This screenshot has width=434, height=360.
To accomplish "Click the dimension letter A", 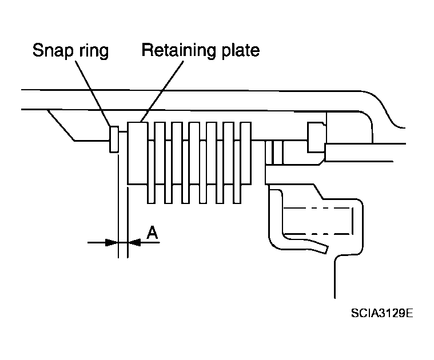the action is (152, 233).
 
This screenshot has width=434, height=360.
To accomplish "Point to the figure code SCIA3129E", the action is (382, 313).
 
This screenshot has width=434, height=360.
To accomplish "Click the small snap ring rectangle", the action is (114, 139).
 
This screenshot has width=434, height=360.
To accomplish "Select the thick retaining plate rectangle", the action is (138, 153).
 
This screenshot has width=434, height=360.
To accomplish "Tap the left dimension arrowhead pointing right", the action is (112, 243).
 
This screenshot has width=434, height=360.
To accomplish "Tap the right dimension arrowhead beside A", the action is (134, 243).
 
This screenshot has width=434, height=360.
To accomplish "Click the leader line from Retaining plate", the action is (162, 91).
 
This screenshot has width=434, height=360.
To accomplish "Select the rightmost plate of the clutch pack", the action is (246, 153).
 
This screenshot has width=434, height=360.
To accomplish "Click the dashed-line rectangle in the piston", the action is (318, 221).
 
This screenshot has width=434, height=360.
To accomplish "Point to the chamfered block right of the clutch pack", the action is (316, 137).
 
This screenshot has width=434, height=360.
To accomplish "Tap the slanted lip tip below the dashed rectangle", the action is (325, 249).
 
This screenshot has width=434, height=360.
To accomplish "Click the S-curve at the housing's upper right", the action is (383, 109).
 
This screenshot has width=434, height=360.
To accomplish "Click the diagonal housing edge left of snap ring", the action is (61, 125).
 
